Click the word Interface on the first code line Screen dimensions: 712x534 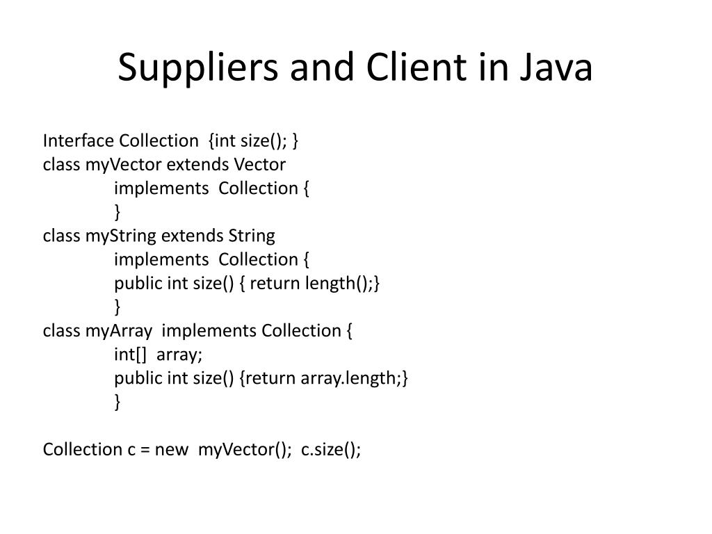[78, 141]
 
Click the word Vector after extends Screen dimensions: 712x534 [259, 165]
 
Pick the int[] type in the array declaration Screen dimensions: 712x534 [131, 355]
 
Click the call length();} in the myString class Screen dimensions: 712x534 [346, 284]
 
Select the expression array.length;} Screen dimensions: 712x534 [354, 378]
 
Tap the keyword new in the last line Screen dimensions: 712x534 [171, 449]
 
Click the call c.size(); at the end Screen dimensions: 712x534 [331, 449]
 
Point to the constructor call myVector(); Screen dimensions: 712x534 [244, 449]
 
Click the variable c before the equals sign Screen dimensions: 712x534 [131, 449]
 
